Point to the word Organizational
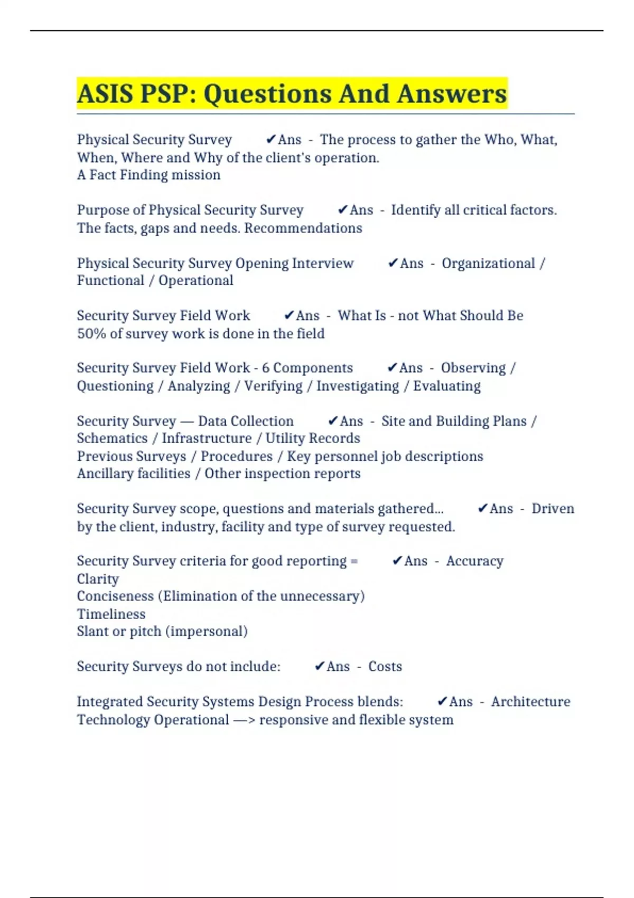click(x=488, y=263)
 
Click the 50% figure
click(x=91, y=334)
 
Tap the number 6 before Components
click(x=266, y=368)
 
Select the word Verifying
click(x=273, y=386)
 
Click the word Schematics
click(x=112, y=438)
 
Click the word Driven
click(x=553, y=509)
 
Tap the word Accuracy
click(x=474, y=561)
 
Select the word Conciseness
click(x=115, y=596)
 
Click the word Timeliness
click(x=111, y=614)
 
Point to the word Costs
click(x=385, y=667)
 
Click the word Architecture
click(x=530, y=701)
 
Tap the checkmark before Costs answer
click(x=319, y=666)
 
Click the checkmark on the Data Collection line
click(x=332, y=420)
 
